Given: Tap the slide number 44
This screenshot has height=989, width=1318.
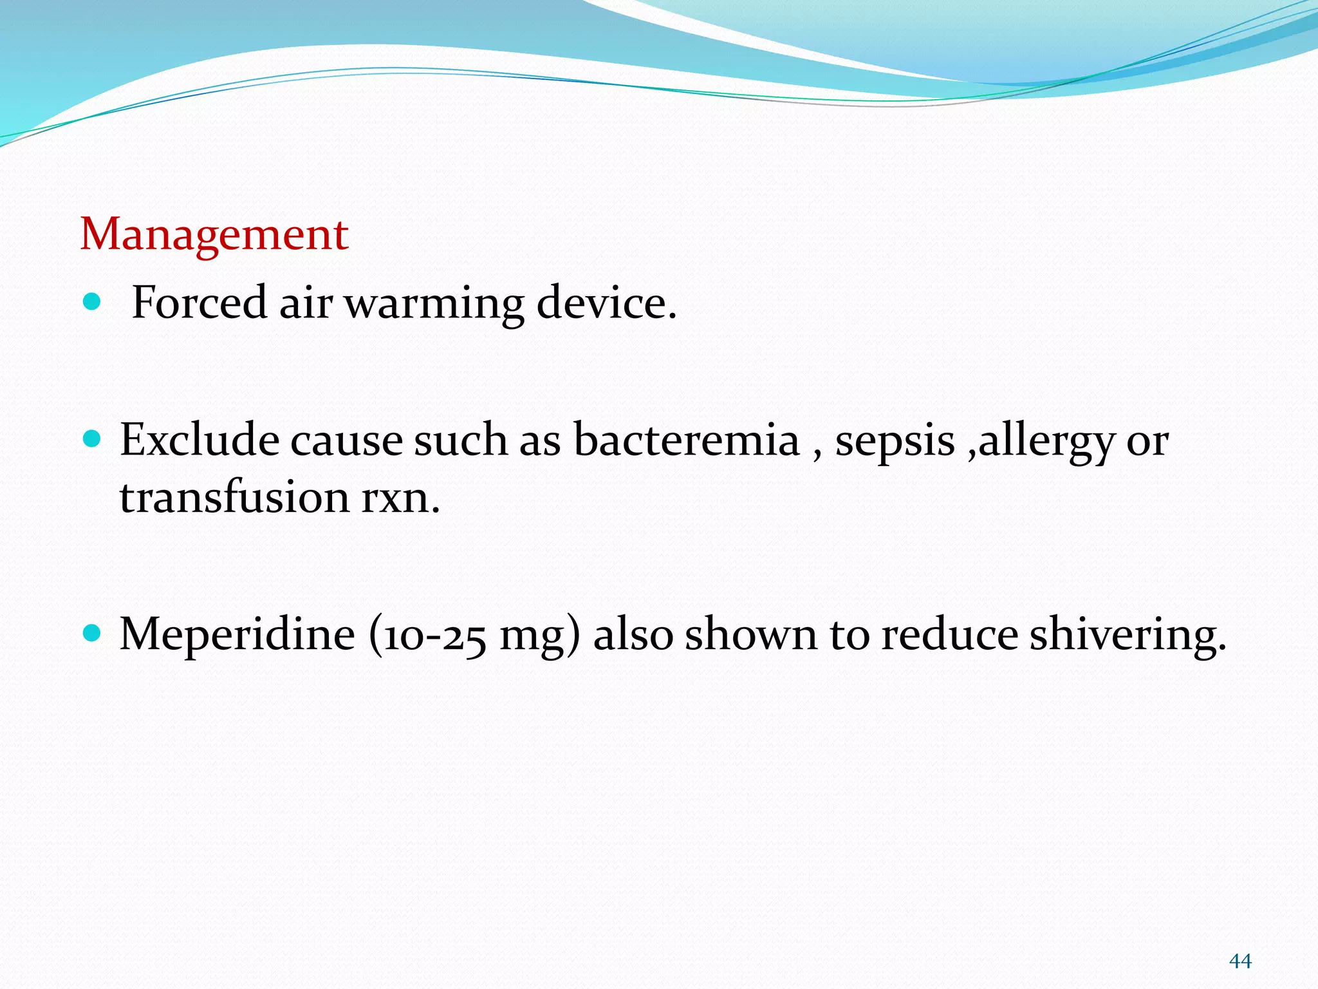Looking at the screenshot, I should click(1240, 961).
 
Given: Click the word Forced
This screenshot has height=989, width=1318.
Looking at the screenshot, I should click(199, 302).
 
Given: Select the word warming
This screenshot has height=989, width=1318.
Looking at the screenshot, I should click(434, 303).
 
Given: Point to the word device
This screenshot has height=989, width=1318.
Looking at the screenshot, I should click(606, 302).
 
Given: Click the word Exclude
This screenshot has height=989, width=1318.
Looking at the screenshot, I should click(200, 440).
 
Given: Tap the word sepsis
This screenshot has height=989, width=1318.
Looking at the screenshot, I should click(895, 442).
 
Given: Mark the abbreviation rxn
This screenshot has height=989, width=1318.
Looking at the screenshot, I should click(400, 498).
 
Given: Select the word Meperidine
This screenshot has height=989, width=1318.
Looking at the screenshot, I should click(237, 634).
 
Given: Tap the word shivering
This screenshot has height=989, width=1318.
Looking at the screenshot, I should click(1128, 636).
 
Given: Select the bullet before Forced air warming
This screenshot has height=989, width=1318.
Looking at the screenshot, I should click(93, 301).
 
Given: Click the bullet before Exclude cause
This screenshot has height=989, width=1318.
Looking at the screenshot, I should click(93, 439).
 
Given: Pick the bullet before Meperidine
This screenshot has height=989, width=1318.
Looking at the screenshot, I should click(93, 634).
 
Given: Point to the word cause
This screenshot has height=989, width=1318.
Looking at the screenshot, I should click(346, 441).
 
